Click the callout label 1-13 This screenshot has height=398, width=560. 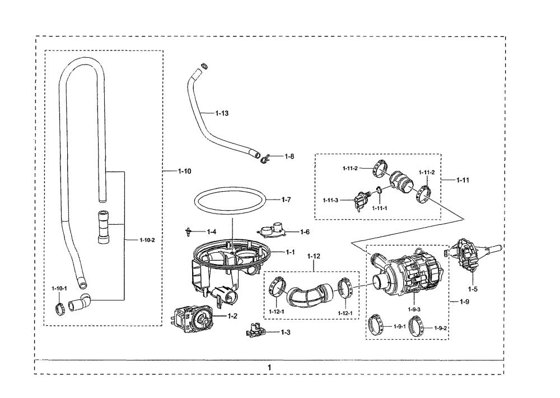pos(222,113)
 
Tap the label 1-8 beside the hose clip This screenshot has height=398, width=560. pos(290,156)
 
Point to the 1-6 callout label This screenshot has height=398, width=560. pos(305,232)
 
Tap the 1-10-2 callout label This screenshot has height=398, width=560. pos(147,240)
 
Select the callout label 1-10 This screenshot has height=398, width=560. pos(184,172)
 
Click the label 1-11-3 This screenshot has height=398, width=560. pos(330,200)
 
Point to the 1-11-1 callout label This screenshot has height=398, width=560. pos(380,208)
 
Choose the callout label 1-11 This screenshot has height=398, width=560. pos(463,180)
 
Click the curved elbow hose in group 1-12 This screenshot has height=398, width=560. pos(309,293)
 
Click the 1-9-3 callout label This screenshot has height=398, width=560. pos(414,309)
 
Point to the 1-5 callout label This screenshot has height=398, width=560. pos(473,289)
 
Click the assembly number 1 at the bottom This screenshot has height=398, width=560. pos(270,367)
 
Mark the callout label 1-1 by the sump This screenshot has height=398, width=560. pos(290,252)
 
